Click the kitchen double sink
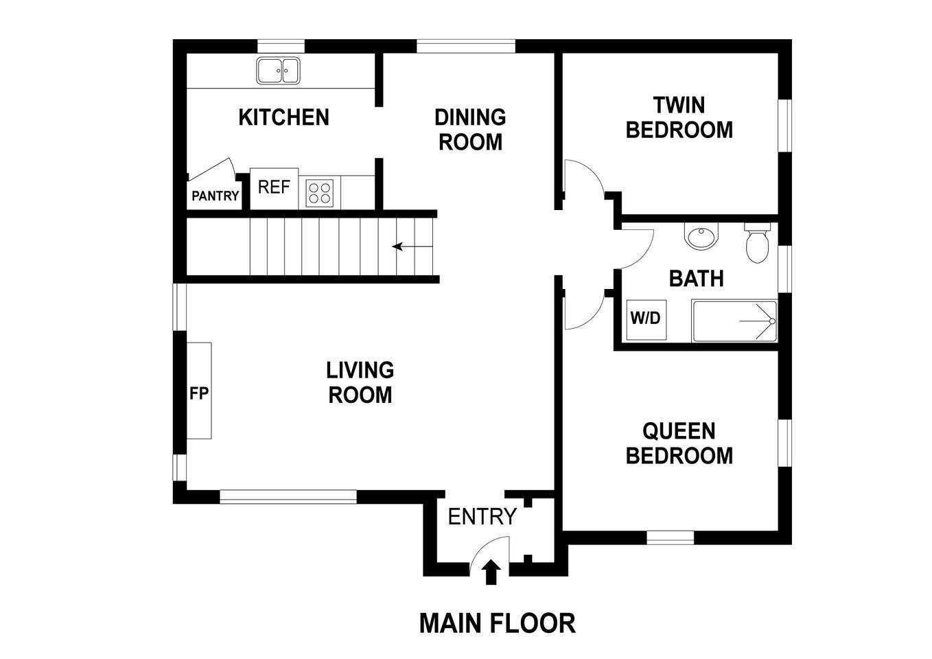click(278, 71)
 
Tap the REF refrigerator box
click(274, 189)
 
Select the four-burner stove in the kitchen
click(320, 193)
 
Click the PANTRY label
click(215, 196)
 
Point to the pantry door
click(212, 168)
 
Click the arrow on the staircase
click(412, 246)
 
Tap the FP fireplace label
click(199, 393)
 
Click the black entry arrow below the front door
click(491, 572)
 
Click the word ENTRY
click(482, 517)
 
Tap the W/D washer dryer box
click(646, 319)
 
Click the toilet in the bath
click(757, 243)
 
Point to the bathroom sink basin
click(701, 236)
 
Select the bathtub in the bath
click(734, 321)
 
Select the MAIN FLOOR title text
click(497, 623)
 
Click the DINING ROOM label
click(470, 130)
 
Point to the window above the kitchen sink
click(281, 46)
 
